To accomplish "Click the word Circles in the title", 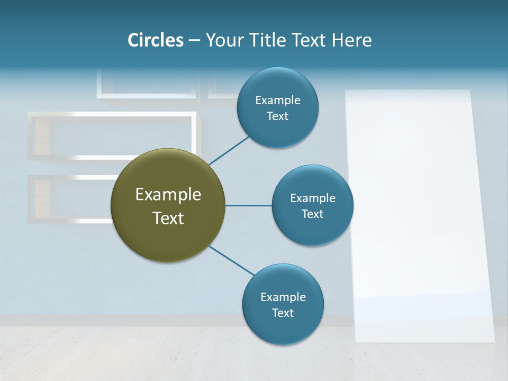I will pyautogui.click(x=155, y=40).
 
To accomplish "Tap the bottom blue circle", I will pyautogui.click(x=283, y=328).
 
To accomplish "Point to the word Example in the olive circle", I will pyautogui.click(x=168, y=195).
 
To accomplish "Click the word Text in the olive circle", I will pyautogui.click(x=168, y=218).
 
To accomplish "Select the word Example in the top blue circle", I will pyautogui.click(x=278, y=100).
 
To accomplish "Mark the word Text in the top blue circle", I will pyautogui.click(x=278, y=116).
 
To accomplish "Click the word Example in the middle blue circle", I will pyautogui.click(x=313, y=198).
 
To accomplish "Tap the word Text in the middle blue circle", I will pyautogui.click(x=313, y=214).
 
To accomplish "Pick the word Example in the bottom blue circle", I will pyautogui.click(x=283, y=297).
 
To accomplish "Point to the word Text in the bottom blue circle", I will pyautogui.click(x=283, y=313).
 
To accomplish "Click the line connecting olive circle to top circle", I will pyautogui.click(x=229, y=150).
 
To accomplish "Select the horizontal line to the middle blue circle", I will pyautogui.click(x=249, y=205).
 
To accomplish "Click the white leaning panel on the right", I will pyautogui.click(x=418, y=212).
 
